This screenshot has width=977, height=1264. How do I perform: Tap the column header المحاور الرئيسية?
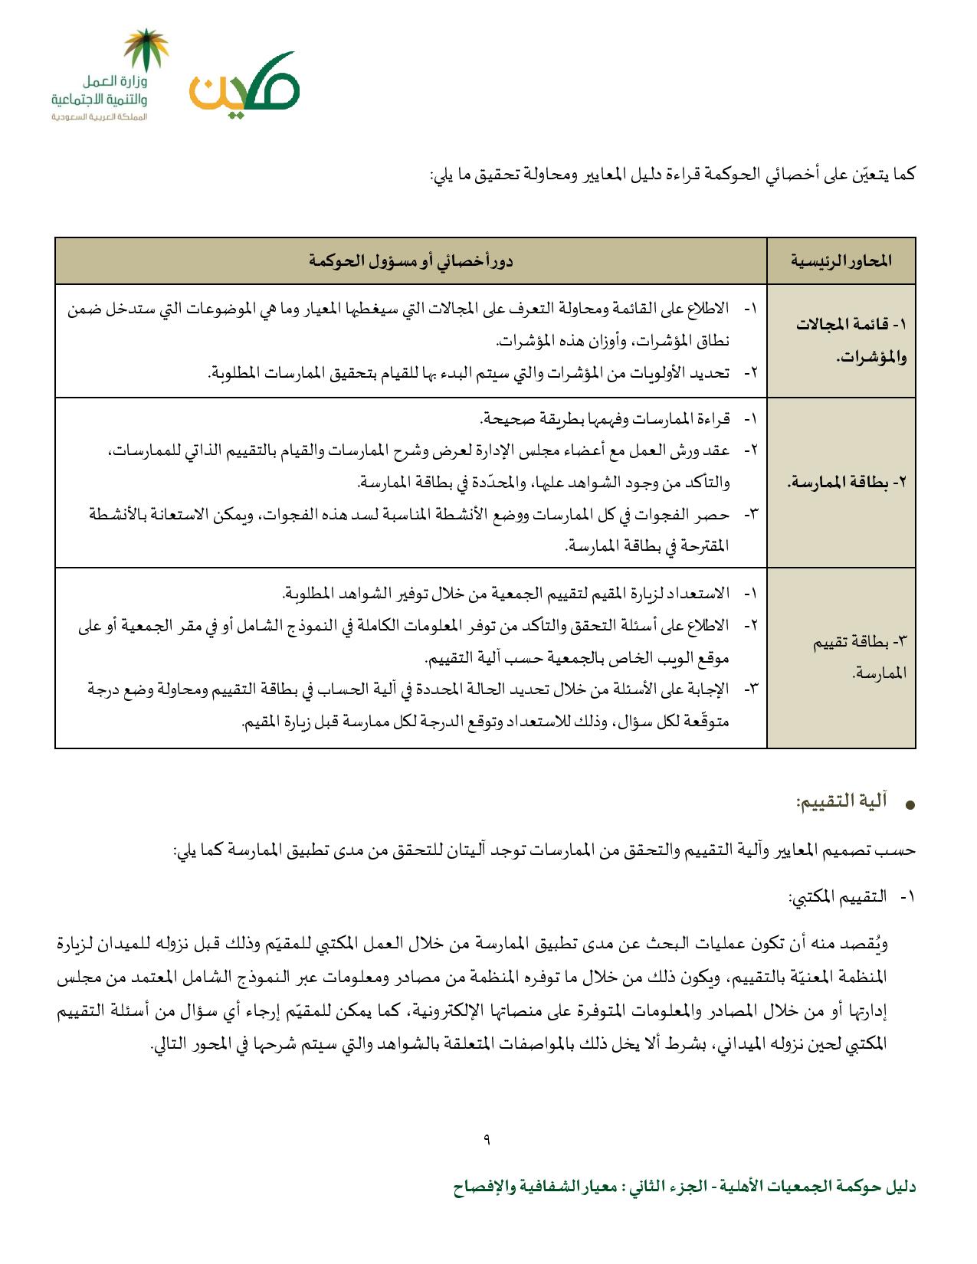(841, 261)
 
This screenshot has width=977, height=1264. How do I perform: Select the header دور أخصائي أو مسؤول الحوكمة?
(411, 261)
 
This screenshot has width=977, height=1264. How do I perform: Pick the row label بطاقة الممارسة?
(847, 483)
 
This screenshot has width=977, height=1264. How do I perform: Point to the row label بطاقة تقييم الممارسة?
(857, 657)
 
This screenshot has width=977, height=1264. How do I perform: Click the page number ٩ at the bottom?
(487, 1138)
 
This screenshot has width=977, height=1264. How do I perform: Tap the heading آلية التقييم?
(841, 802)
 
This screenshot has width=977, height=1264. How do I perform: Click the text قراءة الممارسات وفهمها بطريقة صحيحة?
(605, 419)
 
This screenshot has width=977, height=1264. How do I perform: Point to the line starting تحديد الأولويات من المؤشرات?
(467, 372)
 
